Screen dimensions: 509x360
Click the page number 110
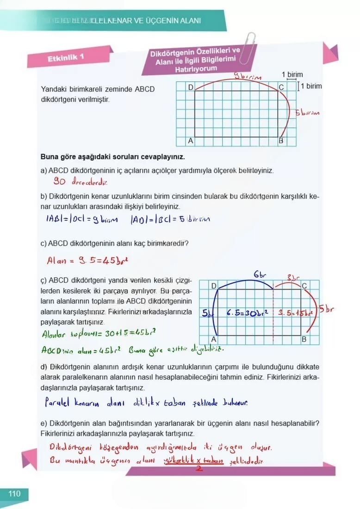[x=14, y=494]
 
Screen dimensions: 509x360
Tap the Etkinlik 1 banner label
[x=66, y=58]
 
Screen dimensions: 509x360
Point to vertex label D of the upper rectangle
[x=191, y=87]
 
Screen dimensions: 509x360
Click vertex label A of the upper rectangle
[x=190, y=140]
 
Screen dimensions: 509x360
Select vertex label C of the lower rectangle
[x=304, y=286]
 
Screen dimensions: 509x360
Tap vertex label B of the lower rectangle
[x=304, y=340]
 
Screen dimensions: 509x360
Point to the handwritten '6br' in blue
[x=259, y=275]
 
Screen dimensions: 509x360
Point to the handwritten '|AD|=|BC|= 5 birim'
[x=170, y=219]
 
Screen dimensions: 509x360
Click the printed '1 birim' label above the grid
[x=292, y=74]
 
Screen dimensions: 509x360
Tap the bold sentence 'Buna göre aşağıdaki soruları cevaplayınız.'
[x=113, y=156]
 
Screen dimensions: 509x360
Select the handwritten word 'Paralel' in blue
[x=57, y=403]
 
